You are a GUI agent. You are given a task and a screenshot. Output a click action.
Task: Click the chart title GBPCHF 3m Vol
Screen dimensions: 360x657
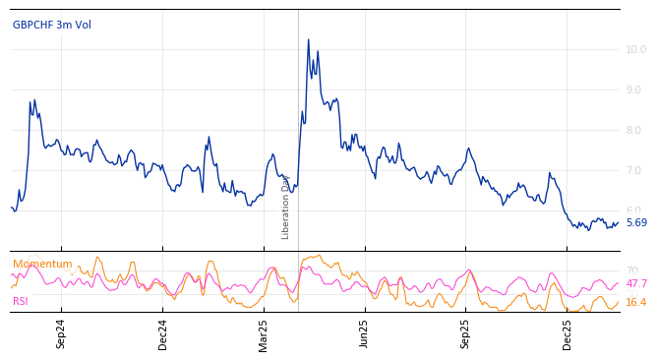click(52, 25)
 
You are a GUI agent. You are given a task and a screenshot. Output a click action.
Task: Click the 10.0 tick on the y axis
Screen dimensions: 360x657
click(635, 49)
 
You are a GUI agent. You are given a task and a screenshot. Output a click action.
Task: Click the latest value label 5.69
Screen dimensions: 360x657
click(636, 222)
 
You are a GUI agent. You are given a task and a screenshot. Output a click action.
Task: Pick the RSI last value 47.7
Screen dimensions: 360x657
click(636, 283)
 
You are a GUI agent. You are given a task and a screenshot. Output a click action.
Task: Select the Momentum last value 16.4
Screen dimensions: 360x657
click(636, 302)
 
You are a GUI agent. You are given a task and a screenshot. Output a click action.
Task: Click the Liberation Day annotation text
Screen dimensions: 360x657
click(286, 207)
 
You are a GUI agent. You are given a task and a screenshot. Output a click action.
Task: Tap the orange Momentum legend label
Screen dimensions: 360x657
click(42, 264)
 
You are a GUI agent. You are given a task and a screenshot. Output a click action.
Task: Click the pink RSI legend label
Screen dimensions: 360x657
click(21, 301)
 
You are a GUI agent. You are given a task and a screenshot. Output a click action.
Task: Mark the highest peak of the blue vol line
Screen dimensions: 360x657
click(308, 40)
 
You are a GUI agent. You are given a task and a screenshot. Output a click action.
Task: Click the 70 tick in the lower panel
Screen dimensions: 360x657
click(631, 270)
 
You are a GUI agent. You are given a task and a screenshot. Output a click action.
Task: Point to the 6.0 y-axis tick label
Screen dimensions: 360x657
click(633, 210)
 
